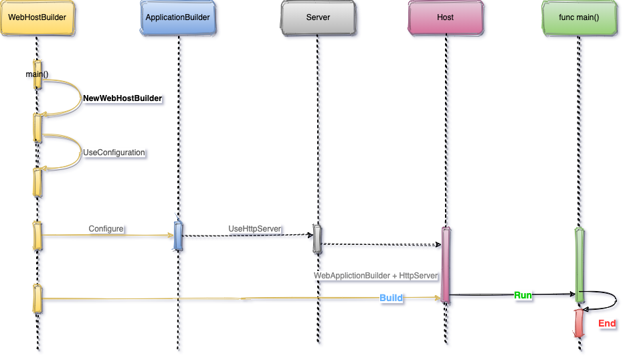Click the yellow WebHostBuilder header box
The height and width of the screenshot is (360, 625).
click(x=37, y=17)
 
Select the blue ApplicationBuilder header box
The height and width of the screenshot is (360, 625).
click(x=179, y=17)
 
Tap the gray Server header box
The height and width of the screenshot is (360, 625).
click(x=318, y=17)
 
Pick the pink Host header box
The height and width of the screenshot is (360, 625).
click(x=445, y=17)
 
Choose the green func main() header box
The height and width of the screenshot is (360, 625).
click(x=578, y=17)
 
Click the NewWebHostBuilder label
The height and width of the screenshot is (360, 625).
click(x=122, y=98)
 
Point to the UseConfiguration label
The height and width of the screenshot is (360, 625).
click(x=114, y=153)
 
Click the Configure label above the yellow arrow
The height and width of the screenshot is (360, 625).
click(x=106, y=229)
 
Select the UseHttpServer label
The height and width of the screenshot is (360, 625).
click(x=254, y=229)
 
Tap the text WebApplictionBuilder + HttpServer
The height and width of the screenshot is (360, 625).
click(x=376, y=275)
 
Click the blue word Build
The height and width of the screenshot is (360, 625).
click(x=391, y=298)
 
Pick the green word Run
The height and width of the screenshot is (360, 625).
click(x=523, y=294)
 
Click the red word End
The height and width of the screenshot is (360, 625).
click(x=607, y=324)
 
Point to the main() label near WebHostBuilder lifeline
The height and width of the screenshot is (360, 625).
click(x=37, y=74)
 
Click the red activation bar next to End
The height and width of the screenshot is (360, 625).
click(x=579, y=324)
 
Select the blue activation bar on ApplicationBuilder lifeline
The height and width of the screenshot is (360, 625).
click(x=178, y=236)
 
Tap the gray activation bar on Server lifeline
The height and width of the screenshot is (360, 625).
click(x=318, y=239)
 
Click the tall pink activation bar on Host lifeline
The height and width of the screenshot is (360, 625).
click(x=445, y=264)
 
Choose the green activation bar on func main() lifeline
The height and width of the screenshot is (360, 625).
click(x=579, y=265)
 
